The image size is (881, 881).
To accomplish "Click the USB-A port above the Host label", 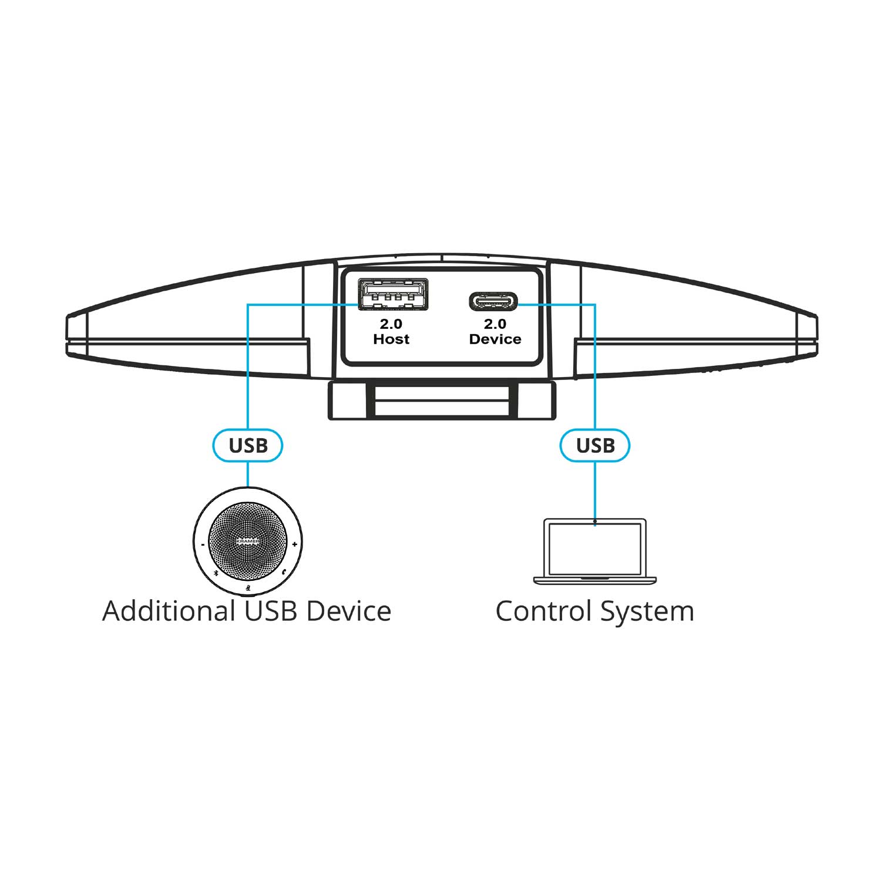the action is (393, 294).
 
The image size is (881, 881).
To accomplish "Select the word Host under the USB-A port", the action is (391, 339).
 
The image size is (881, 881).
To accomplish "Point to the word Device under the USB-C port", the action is (495, 339).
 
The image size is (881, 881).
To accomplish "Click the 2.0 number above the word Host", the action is (391, 324).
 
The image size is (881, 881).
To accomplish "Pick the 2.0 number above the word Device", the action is (495, 324).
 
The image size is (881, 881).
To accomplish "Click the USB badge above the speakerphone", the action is (248, 445).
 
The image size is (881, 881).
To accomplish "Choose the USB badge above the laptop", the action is (595, 445).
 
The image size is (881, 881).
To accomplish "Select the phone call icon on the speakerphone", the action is (284, 571).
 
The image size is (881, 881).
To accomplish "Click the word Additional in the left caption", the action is (169, 611).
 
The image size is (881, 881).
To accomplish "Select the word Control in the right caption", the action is (543, 611).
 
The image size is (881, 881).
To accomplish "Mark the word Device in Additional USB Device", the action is (349, 611).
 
